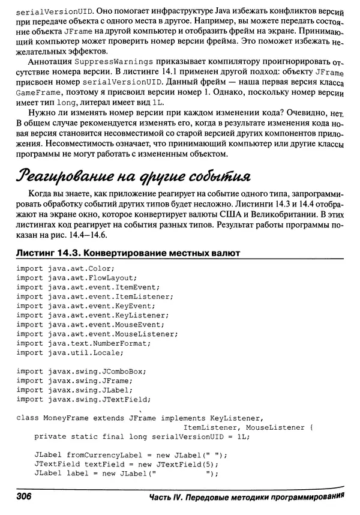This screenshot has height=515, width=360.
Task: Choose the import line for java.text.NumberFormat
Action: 83,344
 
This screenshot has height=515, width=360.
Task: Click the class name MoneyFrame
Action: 65,417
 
